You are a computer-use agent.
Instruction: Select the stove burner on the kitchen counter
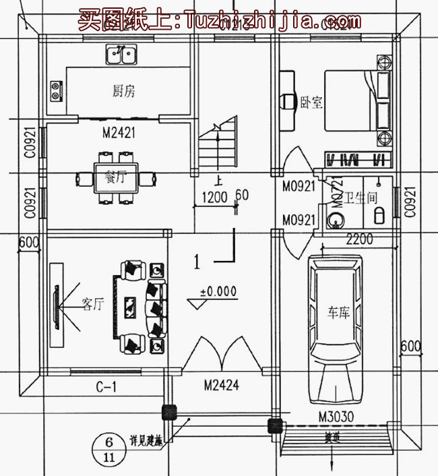tap(56, 92)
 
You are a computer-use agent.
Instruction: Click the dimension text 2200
tap(360, 238)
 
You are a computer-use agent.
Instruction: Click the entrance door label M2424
tap(222, 386)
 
